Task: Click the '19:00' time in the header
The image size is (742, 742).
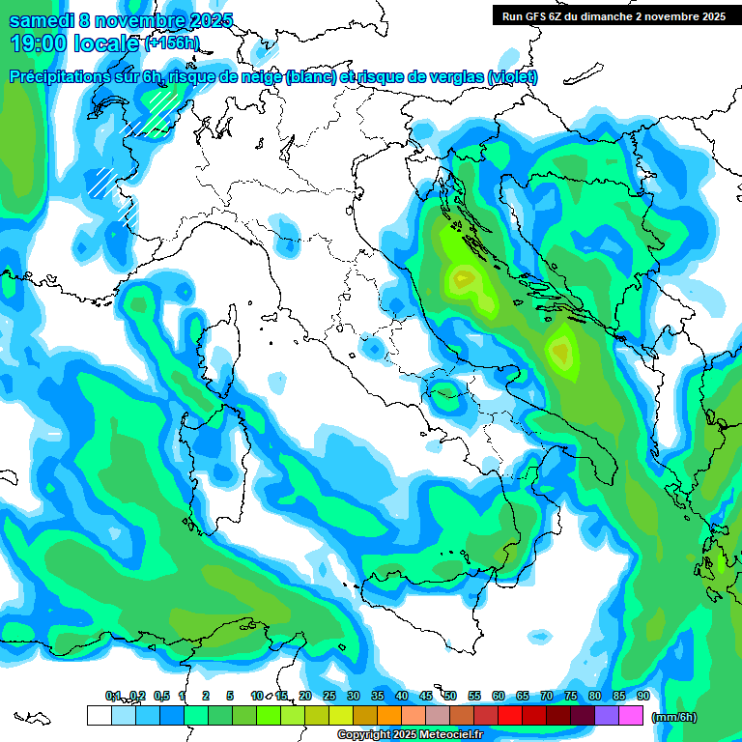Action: click(x=38, y=43)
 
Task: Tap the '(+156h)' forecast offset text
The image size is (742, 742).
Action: click(x=171, y=43)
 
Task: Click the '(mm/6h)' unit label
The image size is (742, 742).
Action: click(x=674, y=717)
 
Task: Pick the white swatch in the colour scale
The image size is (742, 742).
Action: click(x=99, y=715)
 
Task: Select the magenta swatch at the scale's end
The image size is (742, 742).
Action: click(x=631, y=715)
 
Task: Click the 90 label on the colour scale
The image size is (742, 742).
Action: click(x=643, y=696)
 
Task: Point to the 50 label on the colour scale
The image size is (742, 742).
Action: click(x=450, y=696)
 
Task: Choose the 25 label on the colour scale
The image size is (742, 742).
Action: click(x=329, y=696)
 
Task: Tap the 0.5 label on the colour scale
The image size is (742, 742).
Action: click(x=160, y=696)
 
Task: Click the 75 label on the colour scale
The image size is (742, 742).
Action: click(x=571, y=696)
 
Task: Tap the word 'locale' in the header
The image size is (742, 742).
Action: click(x=107, y=43)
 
